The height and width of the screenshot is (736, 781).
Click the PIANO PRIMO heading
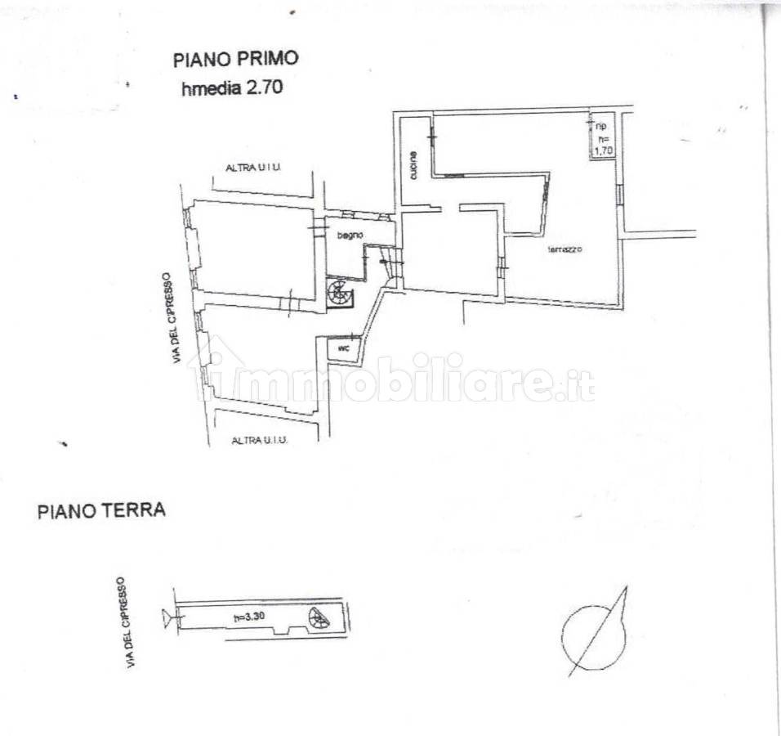click(x=235, y=59)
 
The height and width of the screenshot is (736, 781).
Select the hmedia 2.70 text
click(x=232, y=88)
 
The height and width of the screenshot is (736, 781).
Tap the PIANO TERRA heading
click(x=101, y=511)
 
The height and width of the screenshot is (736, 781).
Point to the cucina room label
click(x=415, y=166)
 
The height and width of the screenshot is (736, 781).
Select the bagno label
click(x=349, y=236)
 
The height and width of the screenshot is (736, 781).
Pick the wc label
click(x=343, y=348)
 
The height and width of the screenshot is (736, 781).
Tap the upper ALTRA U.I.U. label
click(x=252, y=168)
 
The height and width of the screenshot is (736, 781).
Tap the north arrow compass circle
click(x=591, y=635)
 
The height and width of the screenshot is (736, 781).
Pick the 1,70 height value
click(x=602, y=150)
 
